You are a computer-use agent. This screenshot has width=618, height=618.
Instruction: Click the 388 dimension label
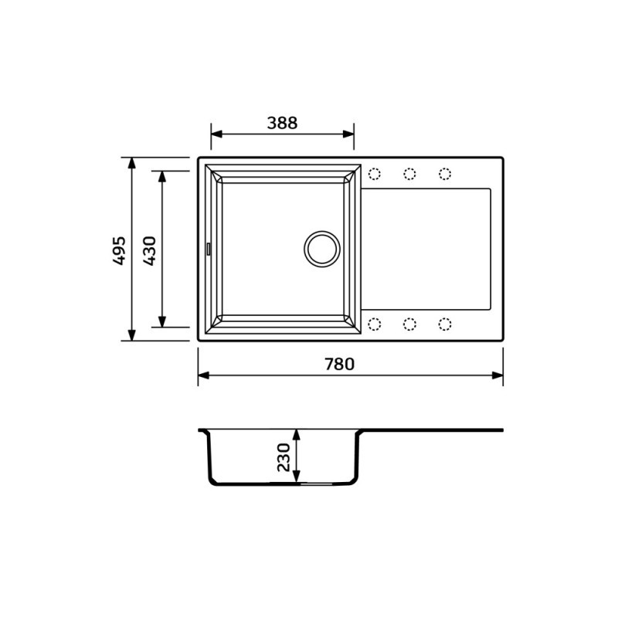pos(282,123)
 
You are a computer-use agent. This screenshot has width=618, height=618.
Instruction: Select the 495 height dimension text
pos(119,250)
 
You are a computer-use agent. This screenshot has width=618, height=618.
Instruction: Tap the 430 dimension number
pos(149,250)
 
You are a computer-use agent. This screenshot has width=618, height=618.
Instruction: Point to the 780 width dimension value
pos(340,364)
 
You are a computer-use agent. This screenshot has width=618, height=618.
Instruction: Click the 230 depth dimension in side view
pos(284,457)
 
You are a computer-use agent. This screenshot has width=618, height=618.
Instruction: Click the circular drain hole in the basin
pos(321,248)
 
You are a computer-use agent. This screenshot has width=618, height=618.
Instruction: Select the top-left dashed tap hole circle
pos(375,174)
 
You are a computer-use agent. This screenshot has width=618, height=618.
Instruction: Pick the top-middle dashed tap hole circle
pos(410,174)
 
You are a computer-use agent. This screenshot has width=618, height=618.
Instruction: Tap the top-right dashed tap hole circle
pos(445,174)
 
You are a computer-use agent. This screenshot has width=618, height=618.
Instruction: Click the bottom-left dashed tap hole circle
pos(375,324)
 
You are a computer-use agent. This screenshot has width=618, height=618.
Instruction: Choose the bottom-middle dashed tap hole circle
pos(410,324)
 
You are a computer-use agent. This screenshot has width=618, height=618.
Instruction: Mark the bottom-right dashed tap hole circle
pos(445,324)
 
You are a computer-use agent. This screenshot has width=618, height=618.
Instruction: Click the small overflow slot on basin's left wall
pos(208,248)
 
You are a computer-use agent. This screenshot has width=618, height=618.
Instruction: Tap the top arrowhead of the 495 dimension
pos(132,163)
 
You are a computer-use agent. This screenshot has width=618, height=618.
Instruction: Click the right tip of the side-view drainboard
pos(501,430)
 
